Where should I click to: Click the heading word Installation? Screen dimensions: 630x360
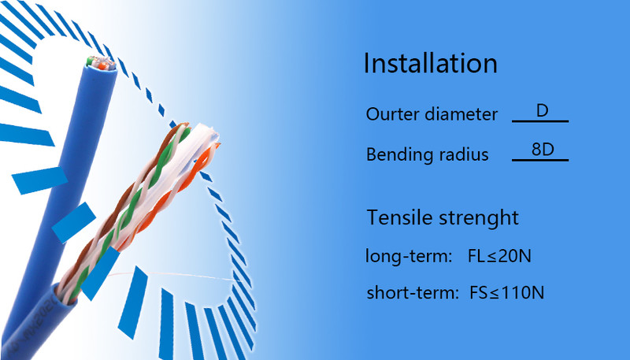tap(430, 63)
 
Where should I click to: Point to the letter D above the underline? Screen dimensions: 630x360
tap(542, 110)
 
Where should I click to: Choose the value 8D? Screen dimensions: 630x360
tap(543, 150)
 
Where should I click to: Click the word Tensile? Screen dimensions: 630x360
tap(399, 217)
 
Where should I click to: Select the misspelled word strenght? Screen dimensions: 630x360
tap(479, 218)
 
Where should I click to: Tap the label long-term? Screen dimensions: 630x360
tap(409, 256)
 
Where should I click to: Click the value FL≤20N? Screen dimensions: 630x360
tap(499, 256)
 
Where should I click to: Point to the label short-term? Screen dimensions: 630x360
tap(413, 292)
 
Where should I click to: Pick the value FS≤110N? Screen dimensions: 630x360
tap(506, 292)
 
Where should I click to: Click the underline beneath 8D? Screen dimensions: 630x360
tap(540, 160)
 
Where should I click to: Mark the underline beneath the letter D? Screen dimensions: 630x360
tap(540, 121)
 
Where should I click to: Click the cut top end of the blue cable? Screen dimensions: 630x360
tap(102, 64)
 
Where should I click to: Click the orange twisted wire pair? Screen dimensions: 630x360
tap(172, 197)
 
